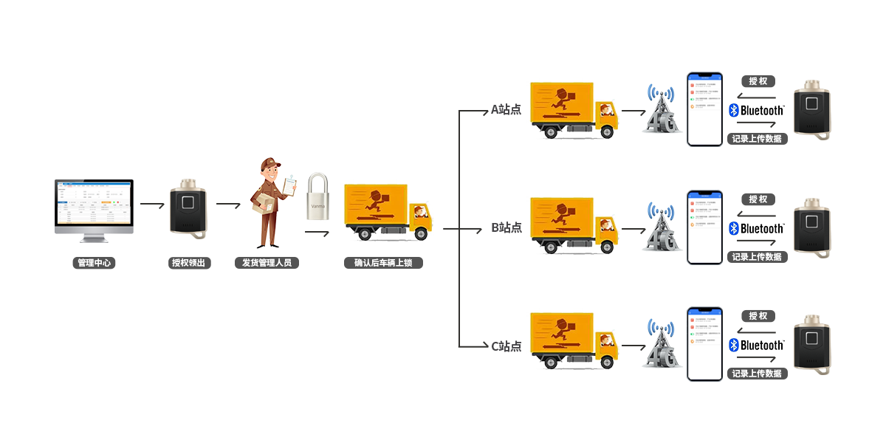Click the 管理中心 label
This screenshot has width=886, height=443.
[94, 263]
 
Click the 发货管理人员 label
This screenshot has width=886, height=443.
[267, 263]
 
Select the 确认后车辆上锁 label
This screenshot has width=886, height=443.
[383, 263]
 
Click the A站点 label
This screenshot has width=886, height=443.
[506, 110]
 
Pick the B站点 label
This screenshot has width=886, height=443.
[506, 227]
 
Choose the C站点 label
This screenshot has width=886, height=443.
[506, 346]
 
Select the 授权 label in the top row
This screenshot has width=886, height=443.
[758, 81]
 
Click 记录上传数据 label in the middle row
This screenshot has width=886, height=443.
[757, 256]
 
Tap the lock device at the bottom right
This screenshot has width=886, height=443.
[812, 345]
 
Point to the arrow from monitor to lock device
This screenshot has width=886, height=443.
[152, 204]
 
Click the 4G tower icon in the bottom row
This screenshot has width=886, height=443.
[661, 344]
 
